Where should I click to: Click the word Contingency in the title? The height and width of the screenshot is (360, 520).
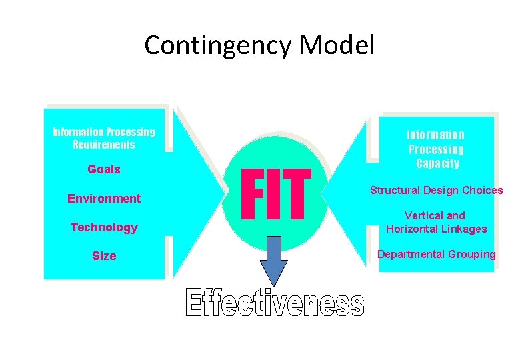coord(219,46)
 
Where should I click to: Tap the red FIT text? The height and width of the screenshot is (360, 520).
coord(276,195)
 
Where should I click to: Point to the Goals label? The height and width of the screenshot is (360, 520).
coord(104,169)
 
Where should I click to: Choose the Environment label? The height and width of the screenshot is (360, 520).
coord(104,198)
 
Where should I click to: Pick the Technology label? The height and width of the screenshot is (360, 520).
coord(104,227)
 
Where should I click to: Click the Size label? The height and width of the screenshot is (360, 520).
coord(104,256)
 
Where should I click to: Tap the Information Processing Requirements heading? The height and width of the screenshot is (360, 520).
coord(104,138)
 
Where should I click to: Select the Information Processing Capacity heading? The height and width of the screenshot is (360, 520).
coord(436,149)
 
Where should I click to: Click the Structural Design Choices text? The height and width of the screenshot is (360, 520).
coord(437,191)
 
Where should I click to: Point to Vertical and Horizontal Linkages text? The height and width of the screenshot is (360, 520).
coord(437,222)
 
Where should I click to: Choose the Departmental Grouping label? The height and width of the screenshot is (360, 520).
coord(437,254)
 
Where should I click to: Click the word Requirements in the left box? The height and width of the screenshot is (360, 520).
coord(104,145)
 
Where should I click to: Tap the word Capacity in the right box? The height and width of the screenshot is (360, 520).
coord(436,163)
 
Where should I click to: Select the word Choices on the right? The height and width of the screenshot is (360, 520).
coord(481,191)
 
